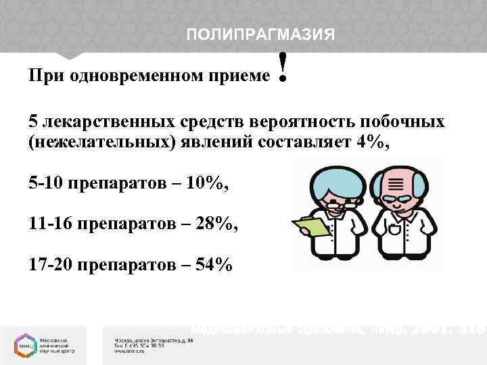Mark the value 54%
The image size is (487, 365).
[x=214, y=264]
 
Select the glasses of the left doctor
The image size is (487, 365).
[x=335, y=201]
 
